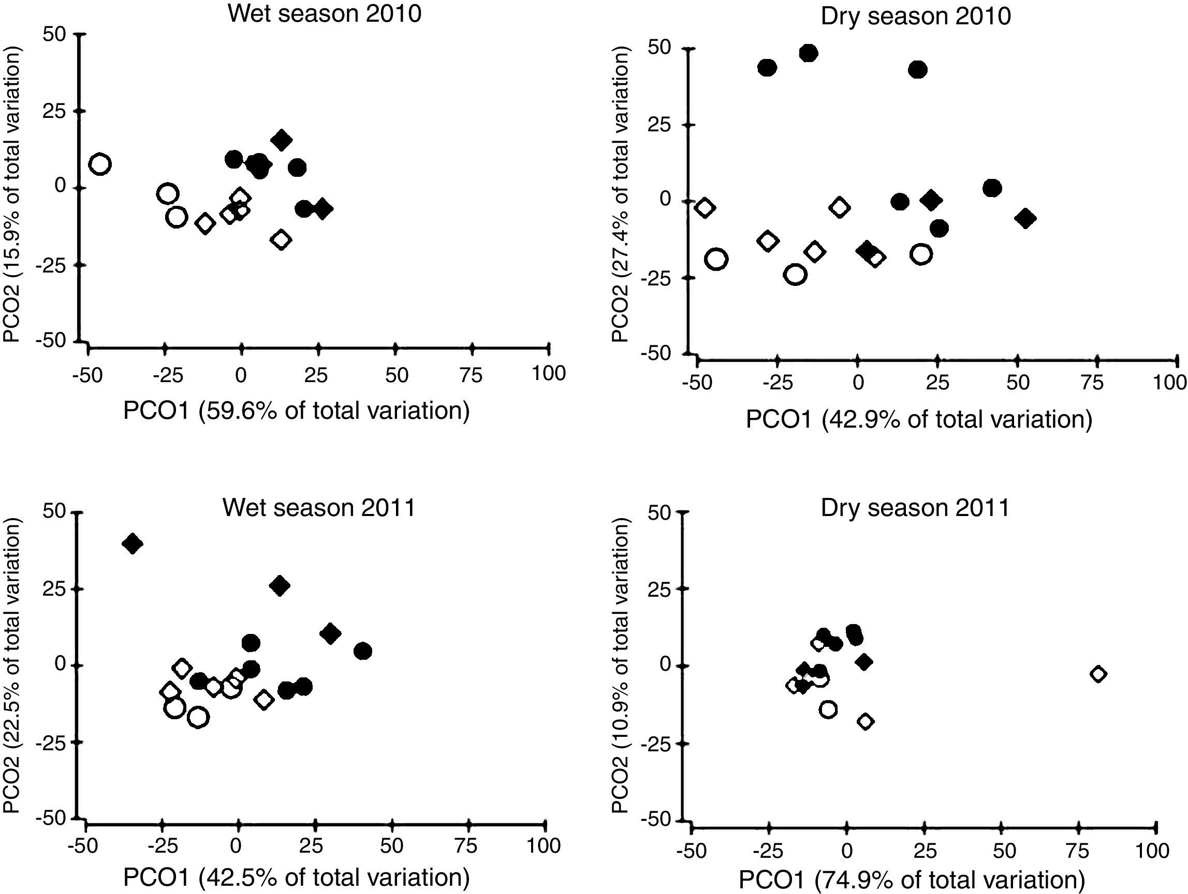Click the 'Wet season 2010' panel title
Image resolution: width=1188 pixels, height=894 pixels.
[325, 14]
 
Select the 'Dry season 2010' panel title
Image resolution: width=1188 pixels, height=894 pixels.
[916, 16]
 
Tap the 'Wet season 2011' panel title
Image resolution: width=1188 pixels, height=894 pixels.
[319, 507]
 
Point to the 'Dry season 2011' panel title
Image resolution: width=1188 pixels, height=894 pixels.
[915, 508]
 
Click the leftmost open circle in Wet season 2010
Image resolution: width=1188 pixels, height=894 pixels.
[100, 164]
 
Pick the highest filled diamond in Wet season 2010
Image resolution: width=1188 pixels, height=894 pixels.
[281, 141]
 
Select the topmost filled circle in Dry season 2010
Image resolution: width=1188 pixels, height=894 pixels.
[808, 53]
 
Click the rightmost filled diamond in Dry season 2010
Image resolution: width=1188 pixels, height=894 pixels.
[1025, 218]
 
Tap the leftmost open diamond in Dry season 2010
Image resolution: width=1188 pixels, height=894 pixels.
[705, 208]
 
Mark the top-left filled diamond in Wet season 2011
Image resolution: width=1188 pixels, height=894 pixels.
[132, 544]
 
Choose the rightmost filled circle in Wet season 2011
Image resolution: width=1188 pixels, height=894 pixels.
[363, 651]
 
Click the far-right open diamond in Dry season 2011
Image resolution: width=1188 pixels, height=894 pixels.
[1098, 674]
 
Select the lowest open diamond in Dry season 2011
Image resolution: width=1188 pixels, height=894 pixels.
[865, 721]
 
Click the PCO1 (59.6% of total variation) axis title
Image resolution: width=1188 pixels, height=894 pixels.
[297, 411]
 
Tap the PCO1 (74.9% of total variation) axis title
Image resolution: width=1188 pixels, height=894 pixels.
[912, 880]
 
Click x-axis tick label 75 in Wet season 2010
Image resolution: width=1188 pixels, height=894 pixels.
[471, 375]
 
